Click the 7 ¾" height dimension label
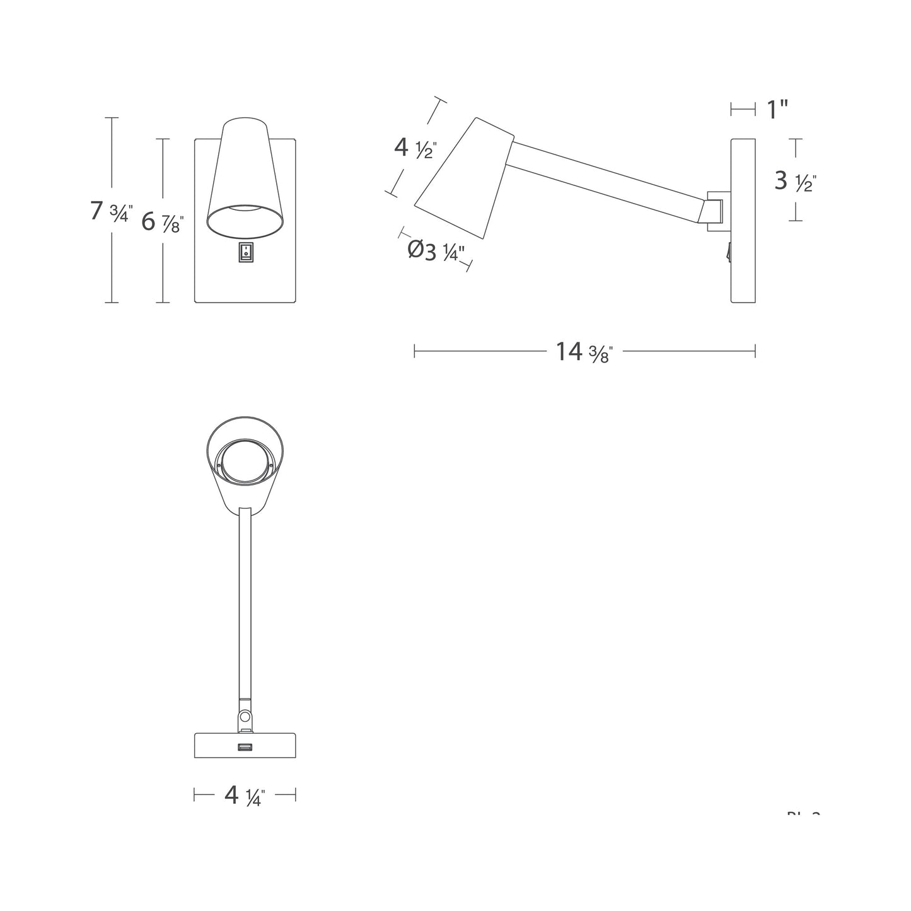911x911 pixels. click(x=111, y=211)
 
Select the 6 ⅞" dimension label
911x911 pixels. click(x=162, y=222)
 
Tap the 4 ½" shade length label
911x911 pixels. click(x=415, y=148)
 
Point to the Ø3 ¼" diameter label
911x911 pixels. click(x=436, y=251)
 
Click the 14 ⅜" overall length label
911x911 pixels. click(x=584, y=351)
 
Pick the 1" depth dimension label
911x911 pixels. click(x=777, y=110)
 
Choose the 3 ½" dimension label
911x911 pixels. click(x=796, y=182)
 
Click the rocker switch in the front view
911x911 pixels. click(x=245, y=252)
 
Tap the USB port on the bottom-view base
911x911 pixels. click(x=245, y=748)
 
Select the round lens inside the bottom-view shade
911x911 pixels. click(x=245, y=463)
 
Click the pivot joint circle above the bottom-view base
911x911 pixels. click(x=245, y=716)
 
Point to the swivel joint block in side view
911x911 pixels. click(x=716, y=210)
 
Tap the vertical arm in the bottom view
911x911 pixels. click(x=245, y=599)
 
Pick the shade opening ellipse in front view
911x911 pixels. click(x=245, y=221)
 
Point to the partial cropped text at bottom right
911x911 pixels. click(x=803, y=814)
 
